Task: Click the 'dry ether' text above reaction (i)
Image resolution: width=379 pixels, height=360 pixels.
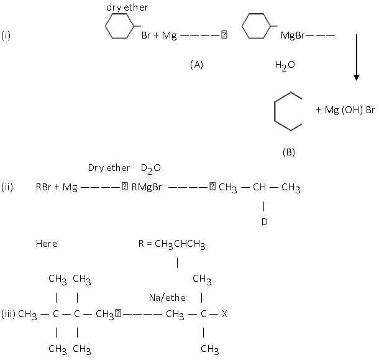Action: click(x=128, y=7)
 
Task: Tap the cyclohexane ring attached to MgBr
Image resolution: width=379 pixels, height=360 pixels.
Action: click(x=255, y=28)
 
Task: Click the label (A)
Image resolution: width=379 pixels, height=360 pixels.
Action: click(x=196, y=64)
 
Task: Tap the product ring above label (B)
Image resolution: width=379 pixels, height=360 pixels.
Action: click(x=287, y=112)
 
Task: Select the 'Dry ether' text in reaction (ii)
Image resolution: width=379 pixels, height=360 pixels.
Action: click(x=109, y=168)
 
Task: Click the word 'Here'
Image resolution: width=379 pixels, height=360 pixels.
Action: click(x=47, y=244)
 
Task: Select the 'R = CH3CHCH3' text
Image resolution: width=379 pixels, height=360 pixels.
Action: click(x=171, y=244)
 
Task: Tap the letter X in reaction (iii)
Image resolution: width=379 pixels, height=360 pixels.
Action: click(x=224, y=314)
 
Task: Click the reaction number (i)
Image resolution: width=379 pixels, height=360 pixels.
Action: click(x=6, y=35)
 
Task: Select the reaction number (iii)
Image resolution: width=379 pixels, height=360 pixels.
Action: click(x=8, y=314)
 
